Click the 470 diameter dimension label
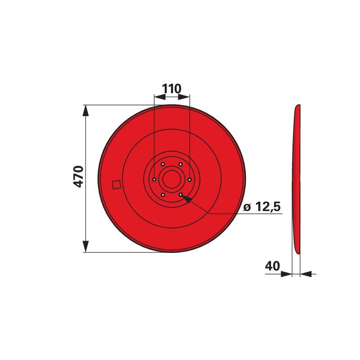[78, 177]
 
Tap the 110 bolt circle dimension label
[172, 89]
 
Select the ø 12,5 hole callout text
[262, 207]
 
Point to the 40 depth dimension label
[273, 266]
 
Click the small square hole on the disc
[117, 184]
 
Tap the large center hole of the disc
[172, 179]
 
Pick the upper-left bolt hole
[163, 164]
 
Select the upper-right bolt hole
[181, 164]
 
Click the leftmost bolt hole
[154, 179]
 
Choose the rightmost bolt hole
[189, 180]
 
